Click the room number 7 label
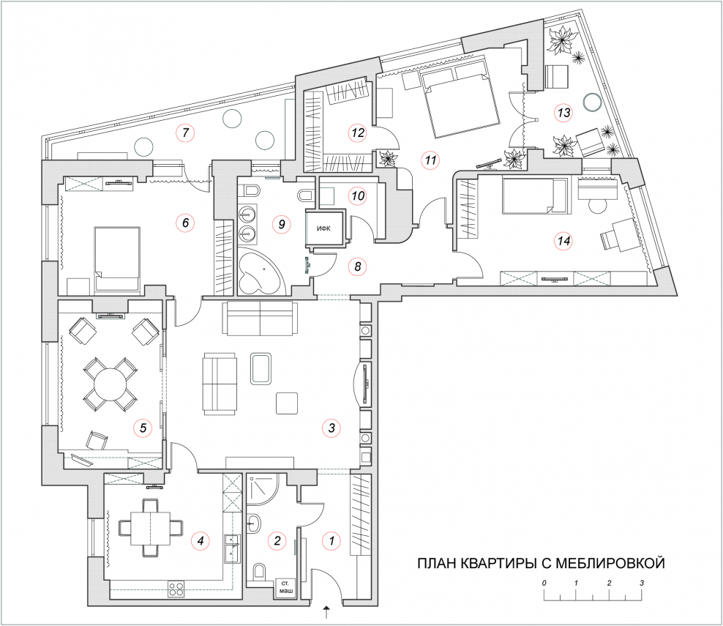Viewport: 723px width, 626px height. pyautogui.click(x=185, y=133)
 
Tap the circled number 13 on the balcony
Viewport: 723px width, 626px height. pyautogui.click(x=564, y=113)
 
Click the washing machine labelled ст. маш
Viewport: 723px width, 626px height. pyautogui.click(x=286, y=589)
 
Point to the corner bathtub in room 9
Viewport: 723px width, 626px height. pyautogui.click(x=260, y=272)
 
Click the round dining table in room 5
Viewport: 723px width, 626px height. pyautogui.click(x=110, y=384)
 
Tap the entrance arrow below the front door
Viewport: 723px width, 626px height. pyautogui.click(x=327, y=613)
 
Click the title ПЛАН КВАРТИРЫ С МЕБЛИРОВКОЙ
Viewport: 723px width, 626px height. pyautogui.click(x=541, y=563)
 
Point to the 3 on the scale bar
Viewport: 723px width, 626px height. pyautogui.click(x=642, y=583)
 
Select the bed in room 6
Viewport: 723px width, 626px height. pyautogui.click(x=117, y=260)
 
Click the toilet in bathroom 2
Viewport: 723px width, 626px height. pyautogui.click(x=259, y=572)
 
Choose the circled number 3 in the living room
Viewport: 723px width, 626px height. pyautogui.click(x=331, y=428)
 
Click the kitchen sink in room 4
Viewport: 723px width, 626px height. pyautogui.click(x=232, y=548)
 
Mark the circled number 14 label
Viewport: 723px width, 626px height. pyautogui.click(x=564, y=241)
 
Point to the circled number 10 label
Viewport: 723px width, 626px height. pyautogui.click(x=359, y=196)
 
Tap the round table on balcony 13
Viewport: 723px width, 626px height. pyautogui.click(x=591, y=102)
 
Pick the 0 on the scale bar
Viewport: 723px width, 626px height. pyautogui.click(x=544, y=583)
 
